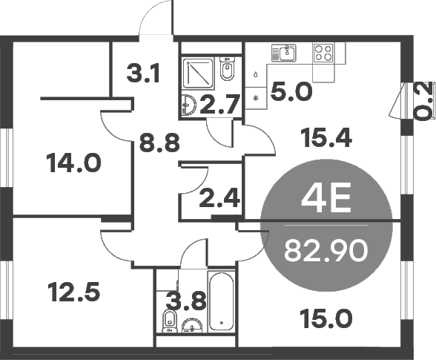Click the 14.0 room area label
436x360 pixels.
click(73, 162)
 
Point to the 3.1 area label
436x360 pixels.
click(145, 75)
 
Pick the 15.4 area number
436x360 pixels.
click(326, 137)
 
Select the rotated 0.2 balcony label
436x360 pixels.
click(423, 102)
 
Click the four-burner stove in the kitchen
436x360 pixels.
click(324, 53)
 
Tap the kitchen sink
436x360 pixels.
click(283, 52)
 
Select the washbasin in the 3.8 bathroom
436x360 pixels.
click(192, 325)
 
